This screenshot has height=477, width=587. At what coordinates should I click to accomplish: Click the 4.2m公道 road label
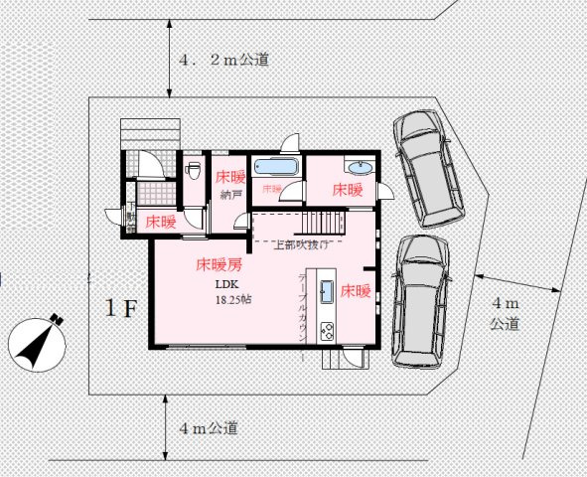(x=224, y=60)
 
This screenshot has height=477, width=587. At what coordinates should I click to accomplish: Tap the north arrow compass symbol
(x=38, y=342)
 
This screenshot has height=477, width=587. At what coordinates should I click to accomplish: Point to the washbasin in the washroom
(x=358, y=166)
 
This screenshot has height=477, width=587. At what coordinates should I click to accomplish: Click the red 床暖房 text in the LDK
(x=220, y=265)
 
